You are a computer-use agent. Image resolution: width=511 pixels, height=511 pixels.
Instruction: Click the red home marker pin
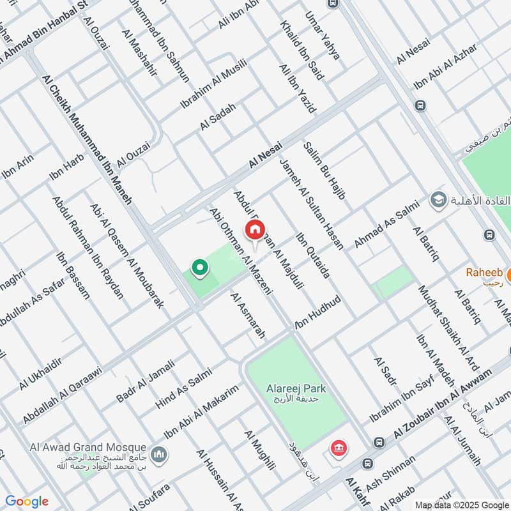click(255, 229)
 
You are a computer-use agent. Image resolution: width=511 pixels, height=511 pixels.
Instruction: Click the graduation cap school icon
click(438, 200)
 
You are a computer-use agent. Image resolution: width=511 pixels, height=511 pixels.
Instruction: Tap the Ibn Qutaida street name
click(312, 256)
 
